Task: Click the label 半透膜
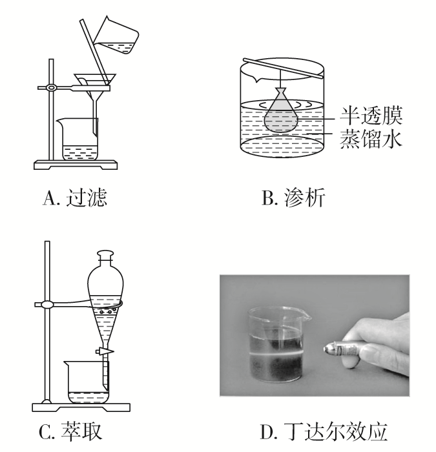(x=371, y=118)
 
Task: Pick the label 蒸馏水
(x=371, y=139)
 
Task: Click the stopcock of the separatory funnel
(x=103, y=351)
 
